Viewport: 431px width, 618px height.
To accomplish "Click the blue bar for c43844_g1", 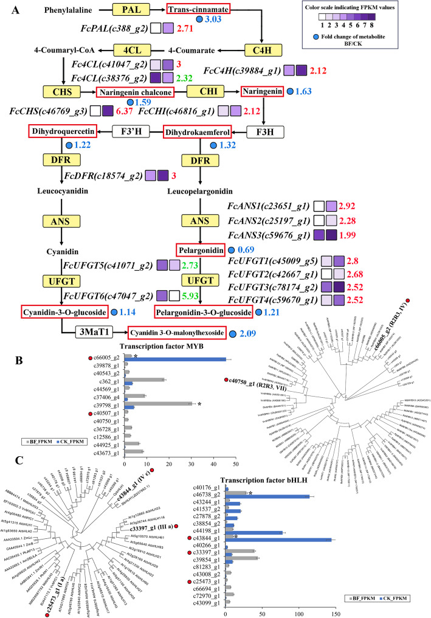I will coord(278,540).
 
